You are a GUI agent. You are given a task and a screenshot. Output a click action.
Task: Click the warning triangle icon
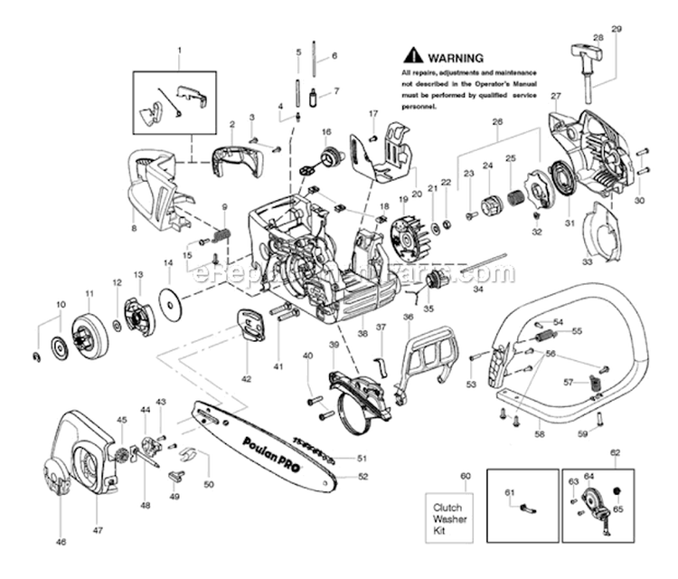click(x=413, y=55)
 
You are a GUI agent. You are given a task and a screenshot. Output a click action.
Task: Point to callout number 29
click(x=617, y=30)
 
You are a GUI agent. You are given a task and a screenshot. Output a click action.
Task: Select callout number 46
click(x=61, y=543)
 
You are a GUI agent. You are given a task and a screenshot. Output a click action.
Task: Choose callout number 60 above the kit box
click(x=466, y=475)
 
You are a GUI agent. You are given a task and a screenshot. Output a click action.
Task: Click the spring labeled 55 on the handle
click(x=546, y=337)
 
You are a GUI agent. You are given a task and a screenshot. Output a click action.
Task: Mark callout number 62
click(x=615, y=451)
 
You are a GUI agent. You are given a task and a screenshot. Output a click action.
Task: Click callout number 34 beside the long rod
click(x=477, y=291)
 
